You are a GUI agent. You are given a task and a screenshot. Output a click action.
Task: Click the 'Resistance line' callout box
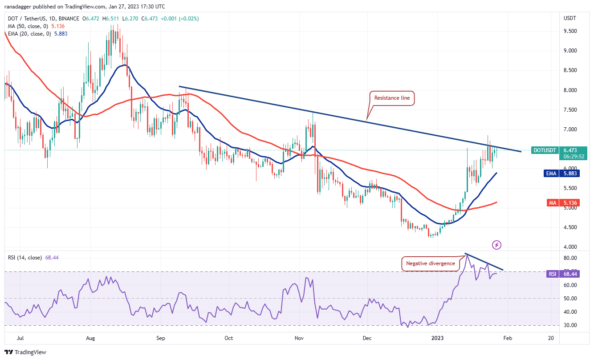click(x=392, y=98)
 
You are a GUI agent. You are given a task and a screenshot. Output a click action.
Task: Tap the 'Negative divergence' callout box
click(x=431, y=263)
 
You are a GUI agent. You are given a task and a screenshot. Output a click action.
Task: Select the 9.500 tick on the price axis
click(x=570, y=31)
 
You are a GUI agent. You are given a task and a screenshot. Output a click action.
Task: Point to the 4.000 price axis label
click(x=570, y=247)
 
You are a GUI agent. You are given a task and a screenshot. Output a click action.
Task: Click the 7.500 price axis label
click(x=570, y=109)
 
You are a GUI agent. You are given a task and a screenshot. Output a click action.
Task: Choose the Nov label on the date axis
click(x=299, y=338)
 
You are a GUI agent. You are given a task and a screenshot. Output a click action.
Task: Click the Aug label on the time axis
click(x=90, y=338)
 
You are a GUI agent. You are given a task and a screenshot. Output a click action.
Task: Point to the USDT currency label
click(x=570, y=18)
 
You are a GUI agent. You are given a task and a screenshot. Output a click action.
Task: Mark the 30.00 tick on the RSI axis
click(x=570, y=325)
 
